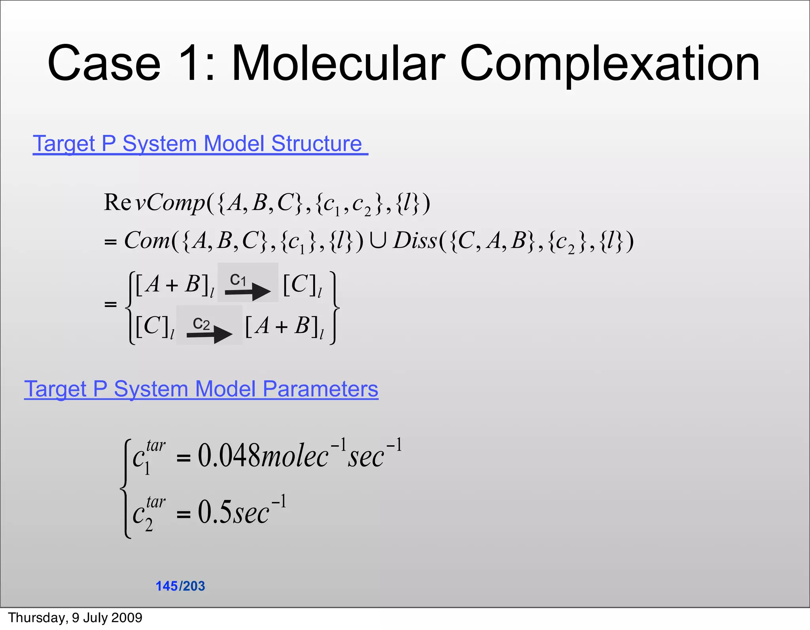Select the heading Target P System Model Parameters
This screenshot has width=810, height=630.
coord(201,389)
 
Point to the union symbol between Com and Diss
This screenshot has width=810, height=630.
coord(378,240)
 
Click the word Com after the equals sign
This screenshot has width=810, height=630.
coord(147,240)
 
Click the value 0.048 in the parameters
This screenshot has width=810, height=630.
coord(229,456)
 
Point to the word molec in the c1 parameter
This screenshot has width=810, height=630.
coord(294,456)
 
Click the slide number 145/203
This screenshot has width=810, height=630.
coord(180,586)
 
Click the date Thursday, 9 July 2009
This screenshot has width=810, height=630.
coord(75,618)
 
